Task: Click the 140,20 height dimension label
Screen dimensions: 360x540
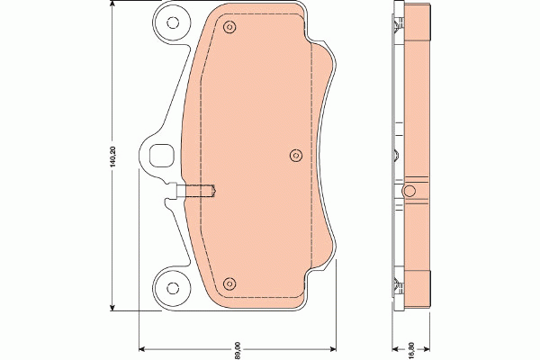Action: (x=113, y=160)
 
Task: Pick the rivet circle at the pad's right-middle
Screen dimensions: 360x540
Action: (x=295, y=155)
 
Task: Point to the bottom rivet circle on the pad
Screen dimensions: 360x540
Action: (x=229, y=281)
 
